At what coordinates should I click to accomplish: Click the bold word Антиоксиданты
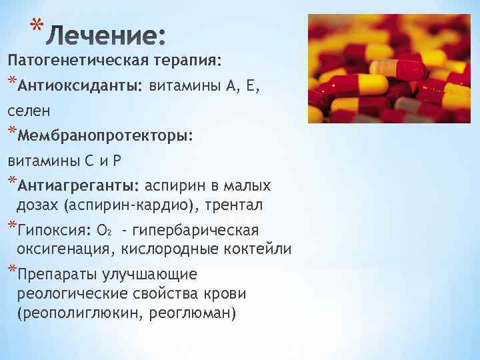81,85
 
